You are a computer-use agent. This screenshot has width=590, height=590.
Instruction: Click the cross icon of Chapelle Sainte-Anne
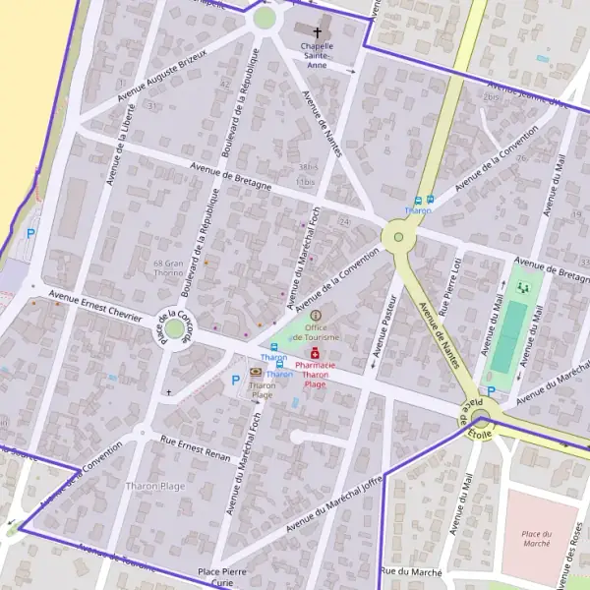317,31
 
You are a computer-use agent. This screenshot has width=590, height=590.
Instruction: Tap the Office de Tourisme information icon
316,316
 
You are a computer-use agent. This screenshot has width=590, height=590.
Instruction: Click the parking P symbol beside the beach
30,234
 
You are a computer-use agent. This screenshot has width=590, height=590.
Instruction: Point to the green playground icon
522,287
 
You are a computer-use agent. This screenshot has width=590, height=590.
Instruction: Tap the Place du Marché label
537,538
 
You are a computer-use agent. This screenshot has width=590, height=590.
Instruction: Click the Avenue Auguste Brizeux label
162,75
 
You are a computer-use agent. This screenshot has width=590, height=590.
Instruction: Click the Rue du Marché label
411,571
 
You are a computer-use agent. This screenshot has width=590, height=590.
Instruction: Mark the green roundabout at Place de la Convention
175,329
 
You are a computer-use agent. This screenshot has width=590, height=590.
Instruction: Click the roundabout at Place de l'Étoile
481,418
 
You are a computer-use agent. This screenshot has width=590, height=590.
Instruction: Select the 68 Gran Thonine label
169,268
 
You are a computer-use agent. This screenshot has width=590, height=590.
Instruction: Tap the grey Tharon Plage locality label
155,486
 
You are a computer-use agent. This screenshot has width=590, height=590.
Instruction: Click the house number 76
521,158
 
